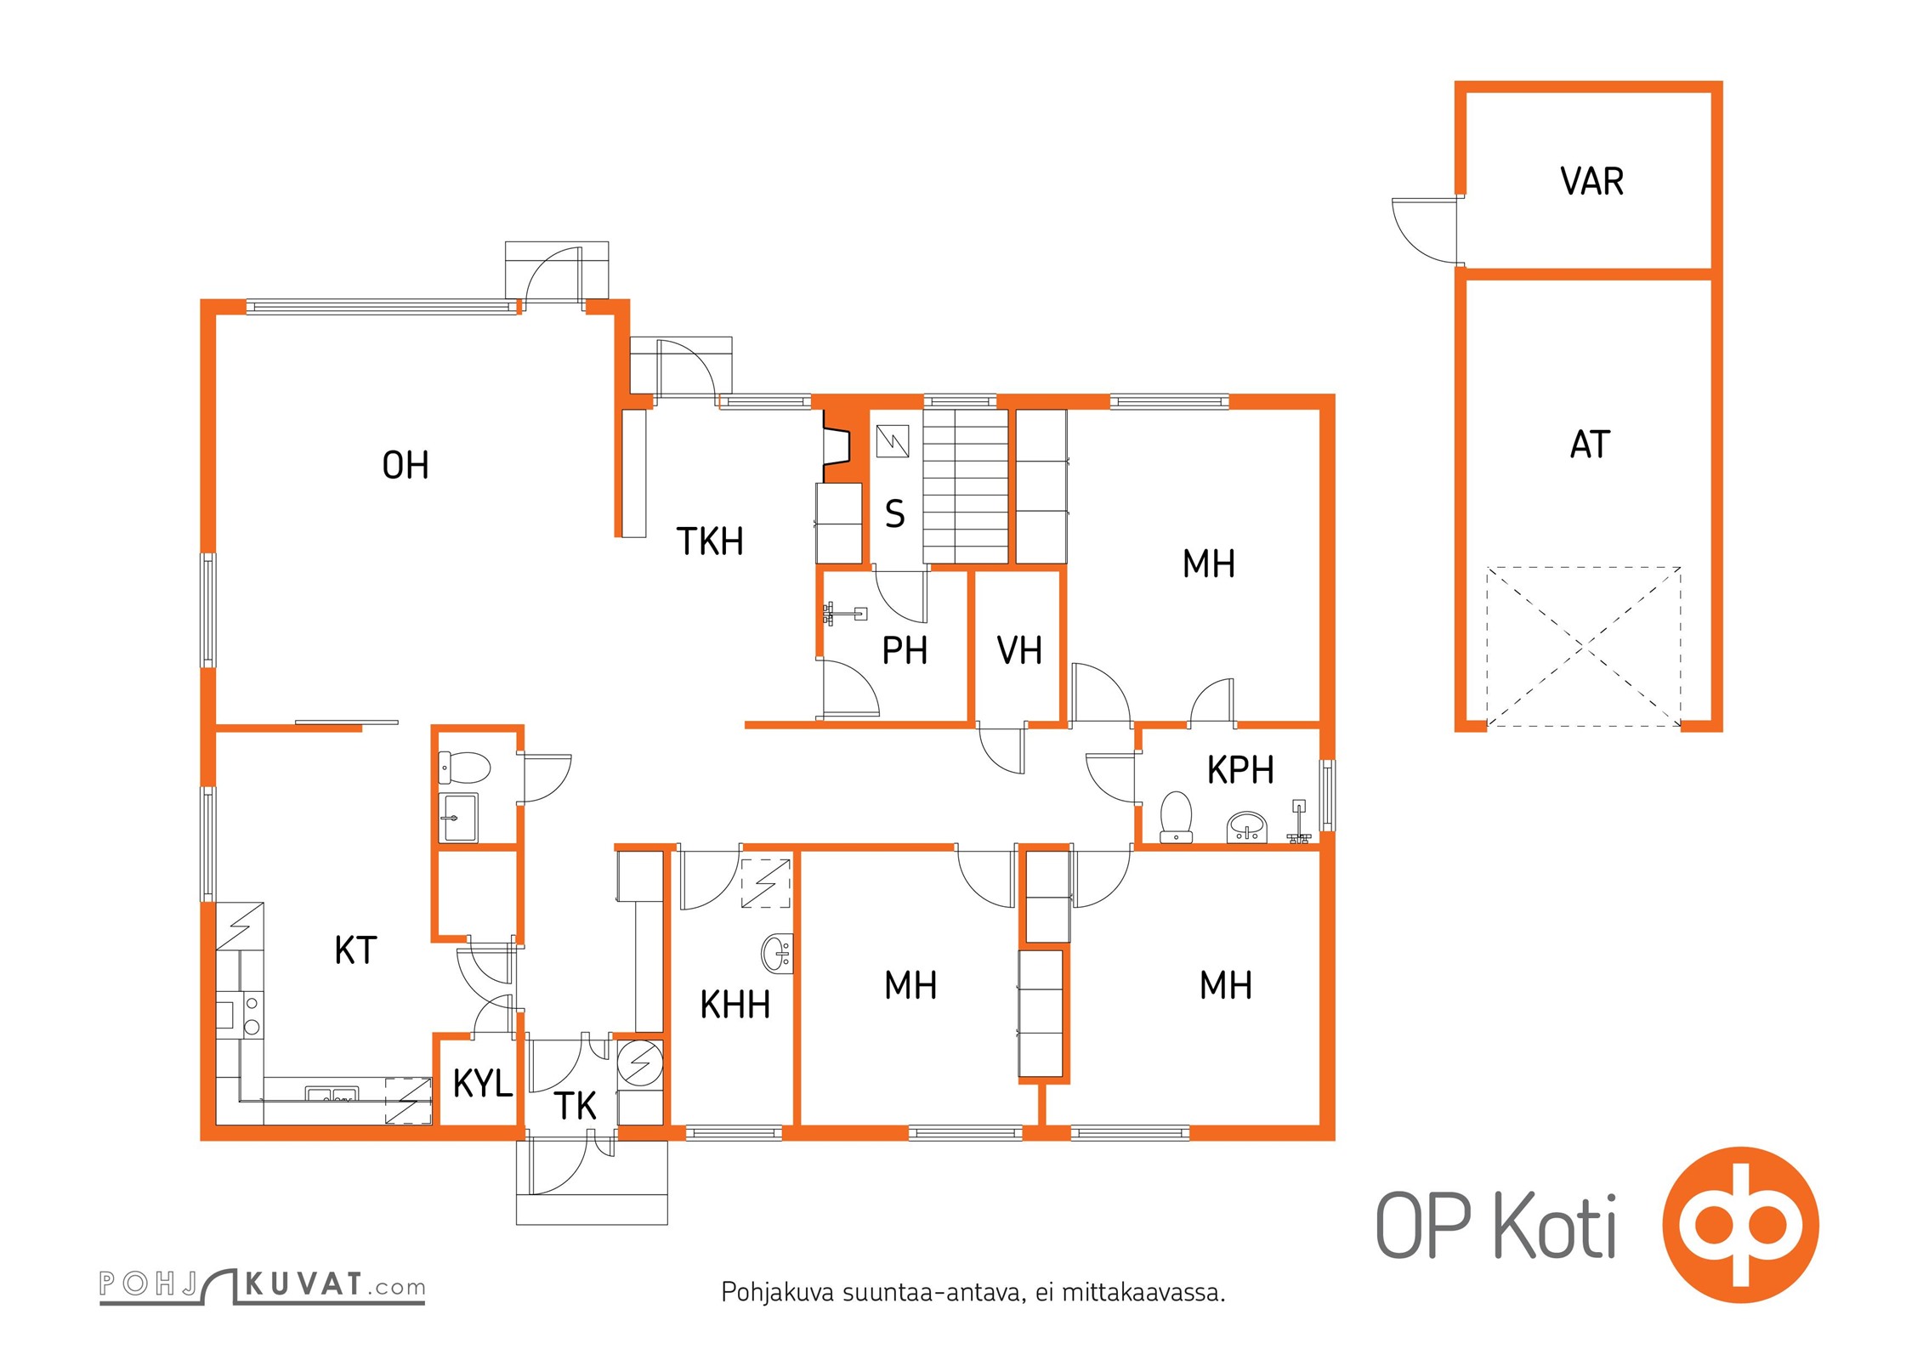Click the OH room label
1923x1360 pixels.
[x=406, y=466]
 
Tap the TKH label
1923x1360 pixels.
[x=710, y=541]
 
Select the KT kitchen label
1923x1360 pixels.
[x=355, y=950]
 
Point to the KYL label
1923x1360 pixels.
[x=483, y=1083]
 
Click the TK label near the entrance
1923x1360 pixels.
[x=575, y=1106]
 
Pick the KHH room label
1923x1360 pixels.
[x=735, y=1005]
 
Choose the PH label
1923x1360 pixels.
[x=905, y=651]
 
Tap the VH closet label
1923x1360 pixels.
[x=1019, y=651]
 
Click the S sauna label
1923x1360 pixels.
[x=894, y=514]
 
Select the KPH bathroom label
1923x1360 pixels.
[x=1240, y=770]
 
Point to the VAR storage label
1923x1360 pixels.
[x=1591, y=182]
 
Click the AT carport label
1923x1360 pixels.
[x=1590, y=445]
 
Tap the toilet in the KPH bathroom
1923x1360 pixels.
[x=1177, y=817]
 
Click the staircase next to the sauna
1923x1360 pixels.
[x=966, y=486]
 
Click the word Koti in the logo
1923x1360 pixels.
[x=1555, y=1226]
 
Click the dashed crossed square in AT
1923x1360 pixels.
[x=1583, y=647]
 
